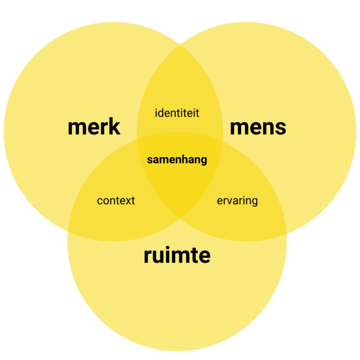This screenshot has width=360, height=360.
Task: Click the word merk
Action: click(94, 127)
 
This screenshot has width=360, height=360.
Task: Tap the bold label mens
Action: click(258, 127)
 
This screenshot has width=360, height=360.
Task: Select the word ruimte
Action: click(177, 256)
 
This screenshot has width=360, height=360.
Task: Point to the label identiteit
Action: click(177, 113)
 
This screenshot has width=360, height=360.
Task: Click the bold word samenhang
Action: click(177, 160)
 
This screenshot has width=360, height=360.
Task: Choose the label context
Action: click(116, 201)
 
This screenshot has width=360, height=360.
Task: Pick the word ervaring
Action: click(237, 201)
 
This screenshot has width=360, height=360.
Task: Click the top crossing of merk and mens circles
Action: click(180, 45)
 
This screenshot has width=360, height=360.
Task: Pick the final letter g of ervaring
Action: click(254, 202)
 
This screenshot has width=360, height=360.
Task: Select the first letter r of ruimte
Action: click(147, 257)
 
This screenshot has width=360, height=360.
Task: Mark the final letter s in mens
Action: click(281, 128)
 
